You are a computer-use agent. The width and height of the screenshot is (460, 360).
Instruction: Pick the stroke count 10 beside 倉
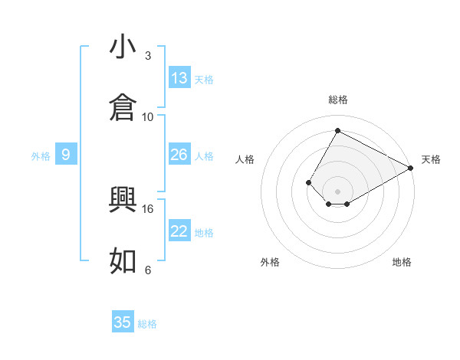(x=148, y=116)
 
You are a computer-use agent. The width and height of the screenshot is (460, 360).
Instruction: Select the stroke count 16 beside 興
(x=148, y=208)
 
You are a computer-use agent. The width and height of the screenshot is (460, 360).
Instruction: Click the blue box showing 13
(x=179, y=78)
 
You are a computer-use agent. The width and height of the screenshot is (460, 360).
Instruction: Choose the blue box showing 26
(x=179, y=155)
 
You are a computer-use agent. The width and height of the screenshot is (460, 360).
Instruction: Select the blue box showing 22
(x=179, y=231)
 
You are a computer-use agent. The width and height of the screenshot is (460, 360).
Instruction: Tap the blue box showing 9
(x=66, y=155)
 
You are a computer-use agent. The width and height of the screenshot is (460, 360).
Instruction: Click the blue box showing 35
(x=123, y=322)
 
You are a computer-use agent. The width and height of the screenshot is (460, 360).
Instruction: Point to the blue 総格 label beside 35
(x=147, y=324)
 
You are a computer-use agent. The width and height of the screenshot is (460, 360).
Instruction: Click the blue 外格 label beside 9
(x=41, y=155)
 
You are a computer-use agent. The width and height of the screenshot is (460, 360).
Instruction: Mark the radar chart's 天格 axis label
(x=431, y=159)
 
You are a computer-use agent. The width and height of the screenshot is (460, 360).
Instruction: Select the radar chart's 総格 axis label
(x=338, y=100)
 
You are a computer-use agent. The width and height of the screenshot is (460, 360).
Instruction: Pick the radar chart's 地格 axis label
(x=402, y=262)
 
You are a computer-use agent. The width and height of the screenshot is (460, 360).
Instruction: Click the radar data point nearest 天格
(x=411, y=169)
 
